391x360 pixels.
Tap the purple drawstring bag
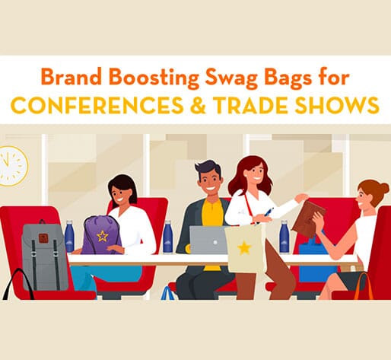click(101, 235)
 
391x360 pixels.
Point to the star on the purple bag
click(102, 235)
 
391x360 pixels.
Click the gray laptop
click(208, 240)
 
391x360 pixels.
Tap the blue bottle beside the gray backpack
click(70, 237)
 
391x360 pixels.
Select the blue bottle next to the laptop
click(167, 237)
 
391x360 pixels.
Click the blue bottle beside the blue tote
click(284, 237)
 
